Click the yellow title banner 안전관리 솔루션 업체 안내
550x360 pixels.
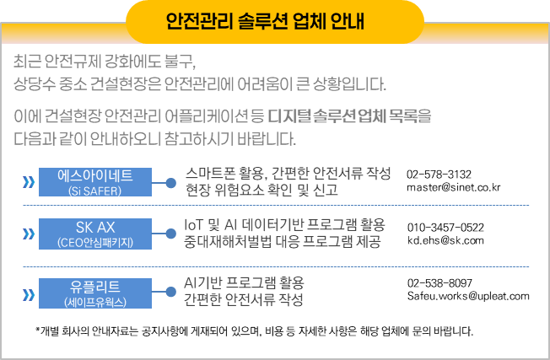coord(274,21)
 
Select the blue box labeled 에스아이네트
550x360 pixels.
coord(95,182)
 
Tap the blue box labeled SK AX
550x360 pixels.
coord(95,234)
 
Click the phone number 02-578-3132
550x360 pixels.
coord(439,173)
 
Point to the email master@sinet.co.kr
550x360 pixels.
coord(453,187)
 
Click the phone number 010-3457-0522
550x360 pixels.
coord(445,228)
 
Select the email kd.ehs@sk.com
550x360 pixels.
coord(445,241)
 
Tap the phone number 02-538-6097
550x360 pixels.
coord(439,282)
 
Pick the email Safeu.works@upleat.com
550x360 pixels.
coord(467,296)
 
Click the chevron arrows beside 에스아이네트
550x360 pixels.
coord(30,182)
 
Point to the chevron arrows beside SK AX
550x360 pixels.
coord(30,234)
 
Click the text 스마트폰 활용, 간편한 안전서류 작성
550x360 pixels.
coord(288,174)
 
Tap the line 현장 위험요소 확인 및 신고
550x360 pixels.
coord(262,191)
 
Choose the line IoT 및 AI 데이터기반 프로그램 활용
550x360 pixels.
coord(284,225)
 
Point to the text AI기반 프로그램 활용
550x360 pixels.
coord(244,282)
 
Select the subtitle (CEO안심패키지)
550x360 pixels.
coord(95,243)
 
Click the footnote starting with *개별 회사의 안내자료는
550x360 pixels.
coord(254,330)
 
